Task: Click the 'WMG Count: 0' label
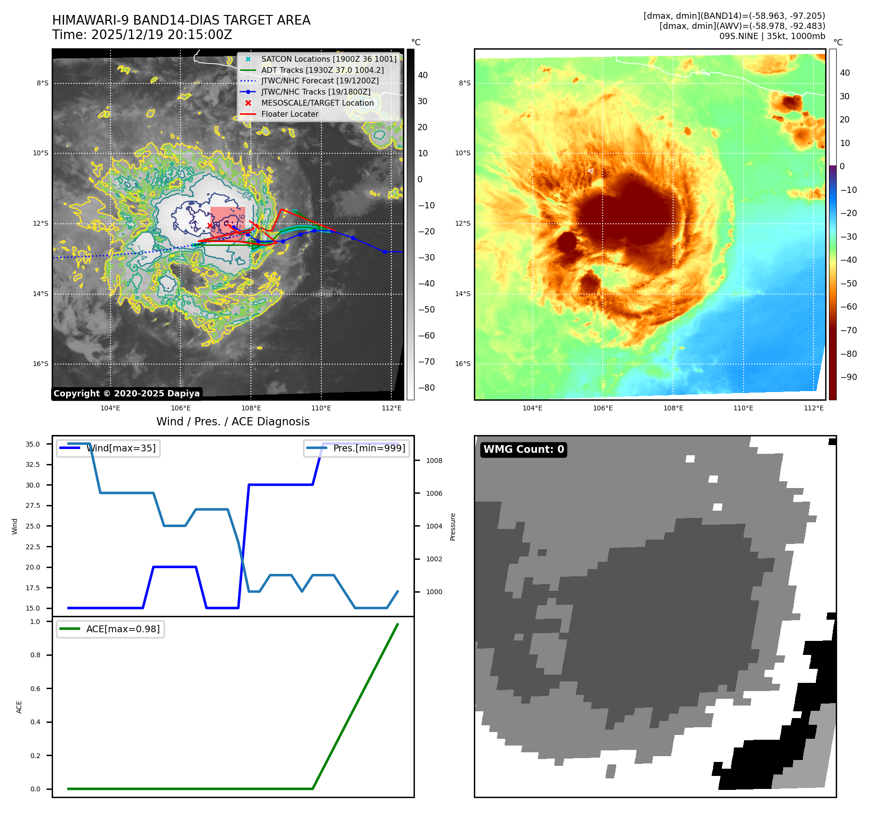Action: pos(524,449)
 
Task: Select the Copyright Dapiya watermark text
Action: pos(126,394)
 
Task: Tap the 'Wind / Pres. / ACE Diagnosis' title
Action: pos(233,421)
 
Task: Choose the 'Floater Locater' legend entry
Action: pos(290,114)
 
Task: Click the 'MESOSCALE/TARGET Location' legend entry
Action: pos(317,103)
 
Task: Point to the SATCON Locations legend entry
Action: pos(329,59)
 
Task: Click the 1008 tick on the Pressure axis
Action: pos(434,461)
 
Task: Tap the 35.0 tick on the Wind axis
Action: pos(33,444)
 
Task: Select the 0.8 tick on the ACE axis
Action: pos(35,655)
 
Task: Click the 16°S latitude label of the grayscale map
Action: pos(41,364)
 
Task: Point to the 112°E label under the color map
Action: pos(814,408)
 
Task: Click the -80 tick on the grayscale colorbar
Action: pos(426,388)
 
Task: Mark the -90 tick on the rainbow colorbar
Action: pos(848,377)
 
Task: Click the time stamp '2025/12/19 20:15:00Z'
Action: pos(161,35)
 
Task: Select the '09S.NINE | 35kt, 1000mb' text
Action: pos(772,36)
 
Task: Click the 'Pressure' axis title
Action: pos(453,527)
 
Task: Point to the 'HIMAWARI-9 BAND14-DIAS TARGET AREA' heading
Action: pos(181,20)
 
